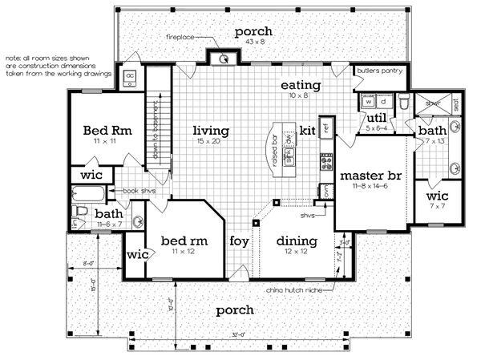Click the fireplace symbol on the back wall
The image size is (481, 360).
(x=224, y=58)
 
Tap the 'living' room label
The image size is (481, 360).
(x=211, y=131)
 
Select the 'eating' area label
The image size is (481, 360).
(x=301, y=85)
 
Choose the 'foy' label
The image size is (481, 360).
(x=239, y=240)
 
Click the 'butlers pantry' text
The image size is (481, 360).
(x=381, y=70)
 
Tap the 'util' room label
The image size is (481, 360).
(x=377, y=117)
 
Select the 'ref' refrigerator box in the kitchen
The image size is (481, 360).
(x=326, y=126)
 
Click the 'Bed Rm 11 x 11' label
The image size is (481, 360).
(x=102, y=135)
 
